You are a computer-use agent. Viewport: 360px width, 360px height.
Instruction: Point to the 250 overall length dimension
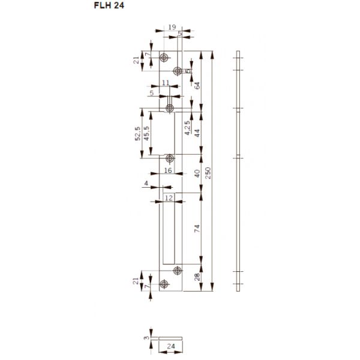tap(208, 173)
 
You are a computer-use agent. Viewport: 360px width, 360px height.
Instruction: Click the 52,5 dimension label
tap(137, 133)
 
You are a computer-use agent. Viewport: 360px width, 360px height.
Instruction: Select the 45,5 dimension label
tap(146, 133)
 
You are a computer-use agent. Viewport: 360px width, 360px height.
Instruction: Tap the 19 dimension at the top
tap(172, 27)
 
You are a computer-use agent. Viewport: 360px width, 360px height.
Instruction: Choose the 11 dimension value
tap(164, 85)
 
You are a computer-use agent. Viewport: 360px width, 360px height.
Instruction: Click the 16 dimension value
tap(168, 171)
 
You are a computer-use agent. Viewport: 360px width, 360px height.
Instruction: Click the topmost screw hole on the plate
tap(164, 58)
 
